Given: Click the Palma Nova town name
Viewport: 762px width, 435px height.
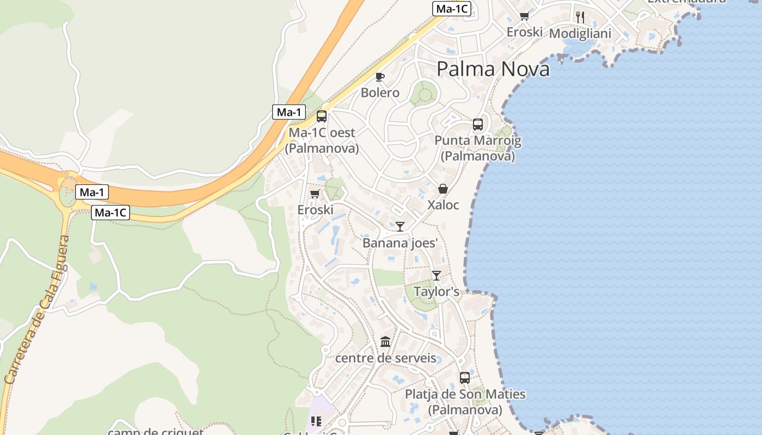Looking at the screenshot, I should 493,69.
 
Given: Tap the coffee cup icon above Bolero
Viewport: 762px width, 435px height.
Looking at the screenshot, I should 380,77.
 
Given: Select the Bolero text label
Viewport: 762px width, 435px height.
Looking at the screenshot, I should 380,92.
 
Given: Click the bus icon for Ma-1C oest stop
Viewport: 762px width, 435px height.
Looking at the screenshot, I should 322,116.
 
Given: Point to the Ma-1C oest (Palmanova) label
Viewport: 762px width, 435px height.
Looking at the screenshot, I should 322,140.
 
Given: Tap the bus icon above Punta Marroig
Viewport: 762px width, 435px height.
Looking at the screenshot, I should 478,125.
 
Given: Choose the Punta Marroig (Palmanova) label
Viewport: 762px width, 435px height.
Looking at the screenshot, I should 477,148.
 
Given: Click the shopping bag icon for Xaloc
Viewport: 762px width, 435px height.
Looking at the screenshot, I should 443,189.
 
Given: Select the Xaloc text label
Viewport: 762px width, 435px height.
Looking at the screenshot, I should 443,205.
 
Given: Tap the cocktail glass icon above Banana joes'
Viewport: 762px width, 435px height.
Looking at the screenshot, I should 400,226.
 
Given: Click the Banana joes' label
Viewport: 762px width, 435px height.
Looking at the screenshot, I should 400,243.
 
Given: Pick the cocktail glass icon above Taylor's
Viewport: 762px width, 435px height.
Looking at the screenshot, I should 437,276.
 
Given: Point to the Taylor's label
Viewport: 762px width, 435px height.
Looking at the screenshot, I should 437,291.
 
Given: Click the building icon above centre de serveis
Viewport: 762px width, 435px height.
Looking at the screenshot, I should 386,342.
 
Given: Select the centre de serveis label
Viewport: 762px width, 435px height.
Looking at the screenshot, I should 386,358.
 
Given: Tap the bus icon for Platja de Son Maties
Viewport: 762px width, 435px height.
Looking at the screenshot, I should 465,378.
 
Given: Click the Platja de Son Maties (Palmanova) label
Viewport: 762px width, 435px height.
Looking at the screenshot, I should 465,401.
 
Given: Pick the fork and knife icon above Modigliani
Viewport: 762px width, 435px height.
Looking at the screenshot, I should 580,17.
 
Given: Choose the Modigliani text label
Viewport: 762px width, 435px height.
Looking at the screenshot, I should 580,34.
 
